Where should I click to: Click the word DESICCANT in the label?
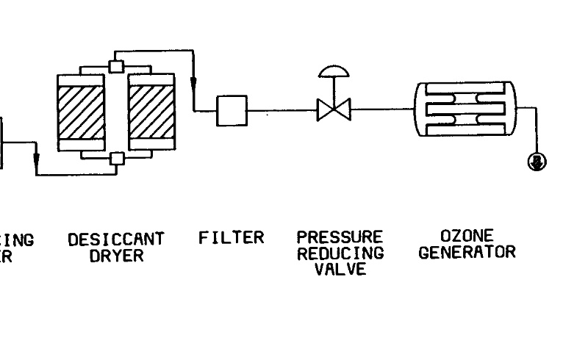pos(115,240)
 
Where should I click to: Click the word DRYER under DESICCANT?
pos(115,256)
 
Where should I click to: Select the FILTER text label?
pos(231,238)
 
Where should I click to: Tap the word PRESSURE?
pos(340,238)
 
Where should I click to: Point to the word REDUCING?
pos(340,253)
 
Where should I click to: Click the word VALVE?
pos(340,269)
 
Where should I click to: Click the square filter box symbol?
pos(232,111)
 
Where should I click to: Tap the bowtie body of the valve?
pos(334,111)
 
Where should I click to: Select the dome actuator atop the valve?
pos(334,71)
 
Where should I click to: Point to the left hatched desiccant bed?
pos(80,115)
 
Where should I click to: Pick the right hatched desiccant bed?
pos(152,115)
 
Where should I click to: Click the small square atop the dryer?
pos(115,65)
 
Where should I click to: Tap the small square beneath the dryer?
pos(115,158)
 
